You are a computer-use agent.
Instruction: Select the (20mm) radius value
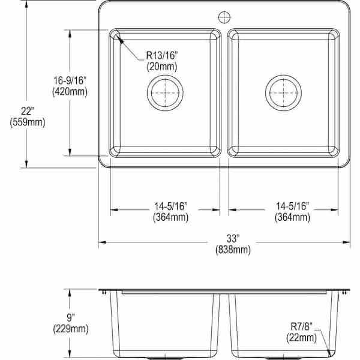click(161, 67)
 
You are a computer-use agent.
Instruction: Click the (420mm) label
click(70, 92)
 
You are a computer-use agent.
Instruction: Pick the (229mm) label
click(71, 328)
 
